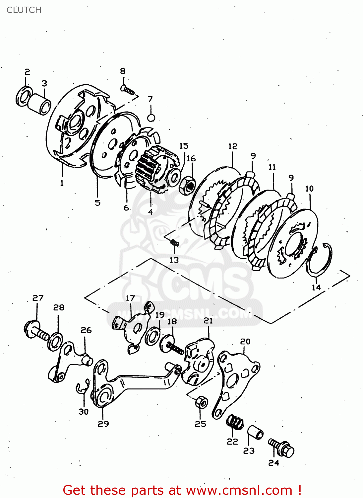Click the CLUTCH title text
24,10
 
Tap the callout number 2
27,72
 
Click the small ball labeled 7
151,118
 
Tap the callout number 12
233,146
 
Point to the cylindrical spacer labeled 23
255,432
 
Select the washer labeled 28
55,341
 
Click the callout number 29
103,424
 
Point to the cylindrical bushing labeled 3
39,104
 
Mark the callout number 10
309,189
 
